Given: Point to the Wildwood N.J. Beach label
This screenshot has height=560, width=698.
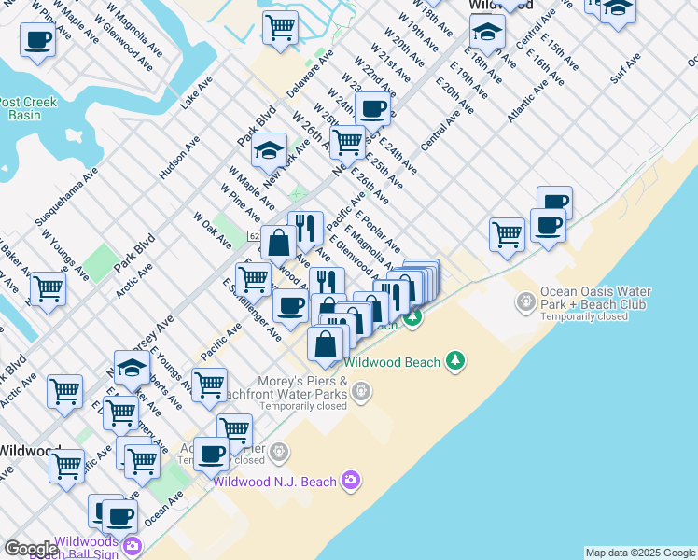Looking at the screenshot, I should click(273, 482).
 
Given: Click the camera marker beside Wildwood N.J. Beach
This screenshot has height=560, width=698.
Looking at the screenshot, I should click(350, 480).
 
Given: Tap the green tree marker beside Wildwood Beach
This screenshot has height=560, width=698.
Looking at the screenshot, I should click(455, 361).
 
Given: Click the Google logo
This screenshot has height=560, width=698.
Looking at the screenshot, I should click(31, 550).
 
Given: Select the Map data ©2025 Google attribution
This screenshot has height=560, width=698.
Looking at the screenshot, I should click(640, 553).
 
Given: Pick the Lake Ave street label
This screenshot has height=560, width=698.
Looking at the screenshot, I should click(190, 94).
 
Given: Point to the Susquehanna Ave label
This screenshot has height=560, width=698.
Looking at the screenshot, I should click(66, 199).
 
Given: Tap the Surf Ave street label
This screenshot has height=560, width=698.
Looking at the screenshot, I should click(625, 68).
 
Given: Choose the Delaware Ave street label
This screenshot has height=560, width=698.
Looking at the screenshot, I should click(311, 75).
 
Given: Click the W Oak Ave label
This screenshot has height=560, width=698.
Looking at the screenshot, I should click(212, 231).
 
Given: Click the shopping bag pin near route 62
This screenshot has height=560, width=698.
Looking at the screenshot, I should click(278, 243).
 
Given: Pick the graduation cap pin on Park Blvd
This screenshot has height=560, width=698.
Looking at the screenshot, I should click(269, 149).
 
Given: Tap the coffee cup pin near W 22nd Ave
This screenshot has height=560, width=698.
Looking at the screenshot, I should click(372, 108).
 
